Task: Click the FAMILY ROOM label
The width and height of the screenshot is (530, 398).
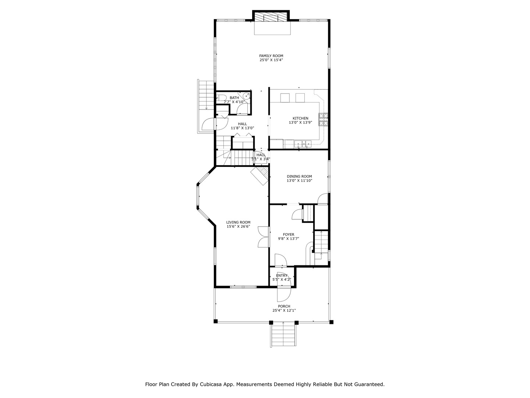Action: click(271, 56)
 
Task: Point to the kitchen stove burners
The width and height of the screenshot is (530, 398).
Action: click(324, 119)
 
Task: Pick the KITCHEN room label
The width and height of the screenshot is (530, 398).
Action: click(300, 118)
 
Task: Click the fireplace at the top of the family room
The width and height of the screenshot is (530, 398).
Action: click(271, 17)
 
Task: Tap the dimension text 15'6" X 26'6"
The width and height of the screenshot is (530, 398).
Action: click(238, 227)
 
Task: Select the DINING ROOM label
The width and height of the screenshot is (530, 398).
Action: click(299, 177)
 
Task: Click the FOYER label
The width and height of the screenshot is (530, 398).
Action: click(289, 234)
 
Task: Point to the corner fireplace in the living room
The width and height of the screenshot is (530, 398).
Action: click(260, 175)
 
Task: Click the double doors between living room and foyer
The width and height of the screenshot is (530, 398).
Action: click(264, 236)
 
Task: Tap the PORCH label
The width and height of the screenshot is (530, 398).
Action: click(284, 306)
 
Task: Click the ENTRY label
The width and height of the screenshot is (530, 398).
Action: click(282, 275)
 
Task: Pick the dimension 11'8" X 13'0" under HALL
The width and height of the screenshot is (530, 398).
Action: click(242, 128)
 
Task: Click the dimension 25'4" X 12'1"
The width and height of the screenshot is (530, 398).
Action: click(284, 311)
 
